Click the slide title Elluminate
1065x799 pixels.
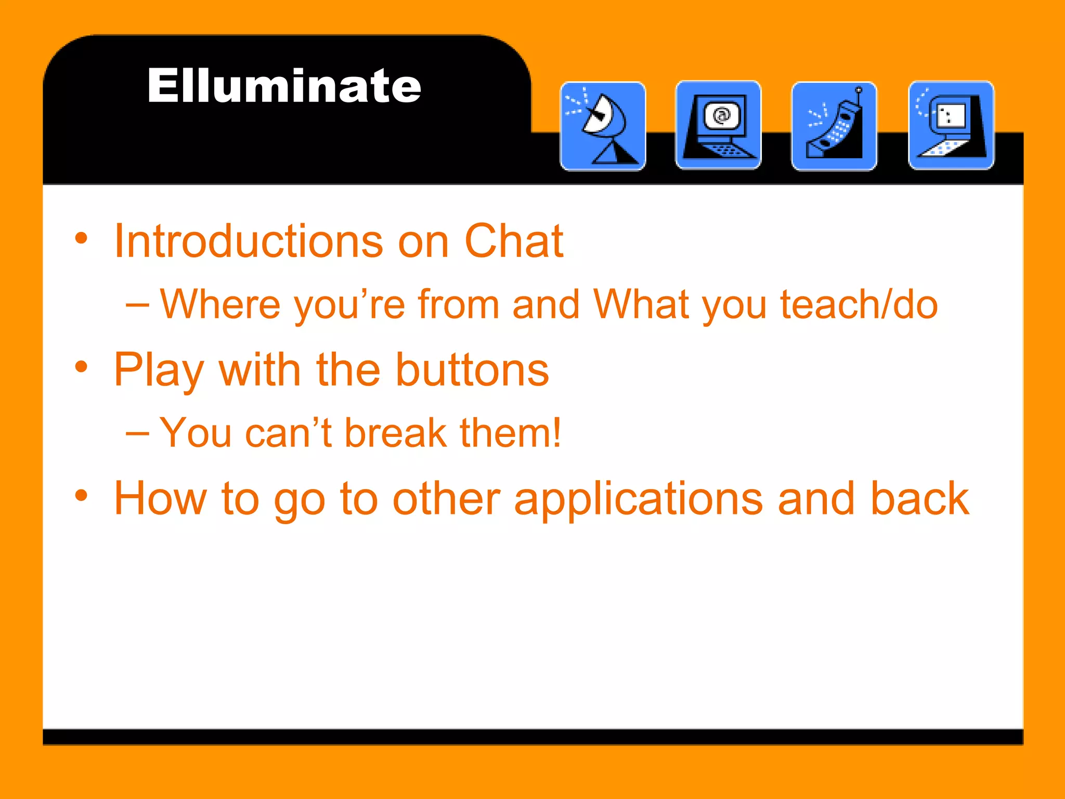point(284,86)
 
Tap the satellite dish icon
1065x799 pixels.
point(603,126)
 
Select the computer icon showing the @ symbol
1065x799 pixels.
point(718,125)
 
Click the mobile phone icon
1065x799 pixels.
point(834,126)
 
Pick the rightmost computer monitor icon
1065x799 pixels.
point(951,125)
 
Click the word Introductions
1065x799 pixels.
point(249,241)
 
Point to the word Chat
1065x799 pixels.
point(513,241)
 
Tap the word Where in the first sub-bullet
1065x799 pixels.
point(219,304)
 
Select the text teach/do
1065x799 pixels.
point(859,304)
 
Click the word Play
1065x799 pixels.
point(159,370)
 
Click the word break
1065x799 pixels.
point(396,433)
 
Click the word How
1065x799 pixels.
point(161,498)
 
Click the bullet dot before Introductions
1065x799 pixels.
point(81,239)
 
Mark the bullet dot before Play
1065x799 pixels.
point(81,367)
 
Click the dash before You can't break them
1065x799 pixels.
point(137,433)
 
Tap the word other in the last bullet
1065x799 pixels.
point(446,498)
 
